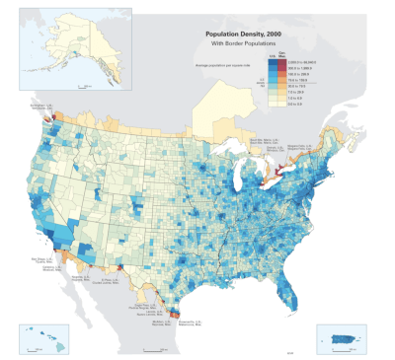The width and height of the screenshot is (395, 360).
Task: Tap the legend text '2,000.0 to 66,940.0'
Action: click(303, 62)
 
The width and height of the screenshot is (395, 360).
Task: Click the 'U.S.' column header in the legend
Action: click(274, 56)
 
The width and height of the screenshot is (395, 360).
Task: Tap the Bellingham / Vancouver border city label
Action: click(39, 107)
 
